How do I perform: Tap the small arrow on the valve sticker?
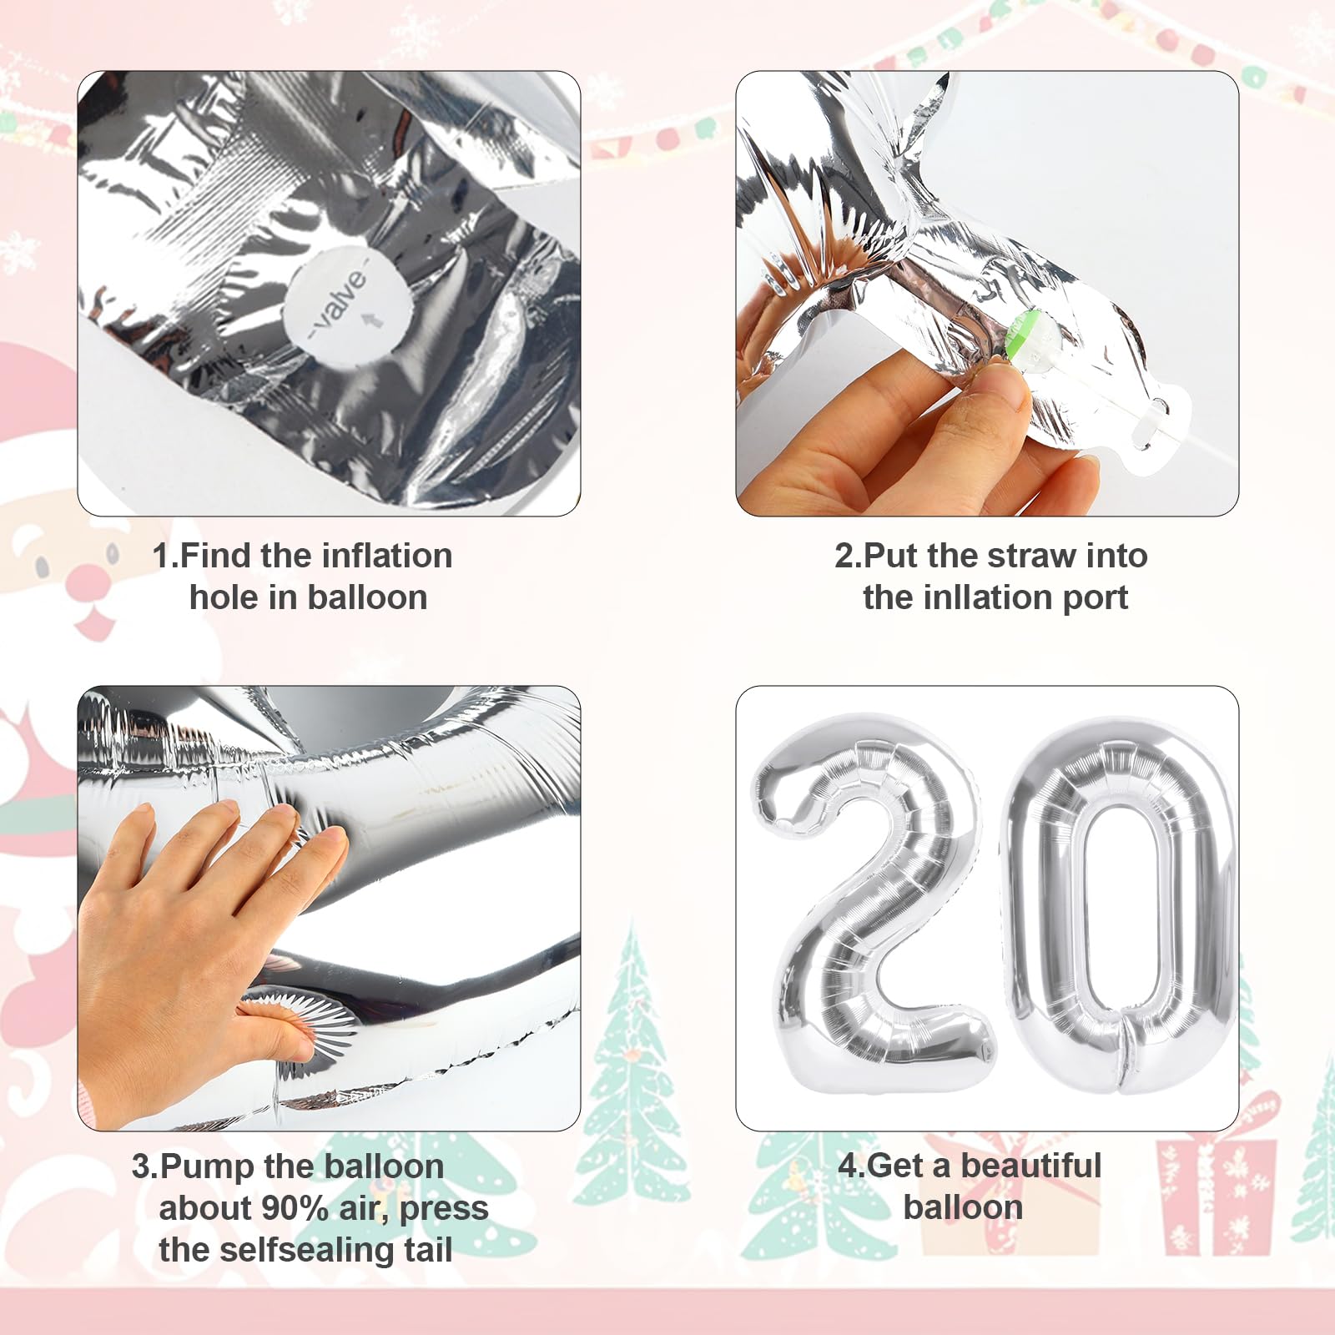(x=375, y=319)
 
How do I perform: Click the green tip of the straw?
(x=1024, y=334)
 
